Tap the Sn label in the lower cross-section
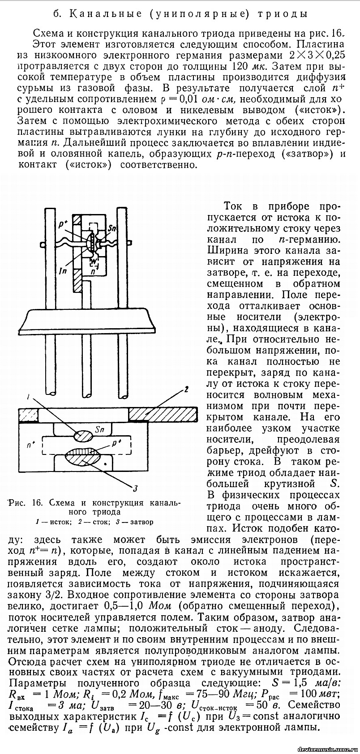click(100, 430)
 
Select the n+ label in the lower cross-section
click(31, 444)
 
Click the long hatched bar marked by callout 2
click(163, 414)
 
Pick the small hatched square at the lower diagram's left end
click(28, 414)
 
